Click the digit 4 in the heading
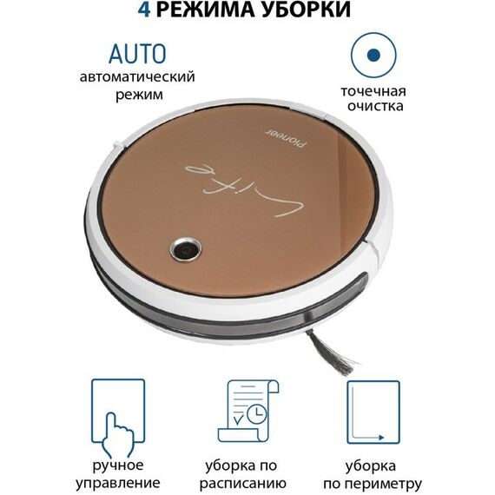(x=145, y=11)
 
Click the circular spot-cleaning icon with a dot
(x=373, y=55)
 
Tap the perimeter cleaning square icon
(x=373, y=412)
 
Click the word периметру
(x=373, y=482)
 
